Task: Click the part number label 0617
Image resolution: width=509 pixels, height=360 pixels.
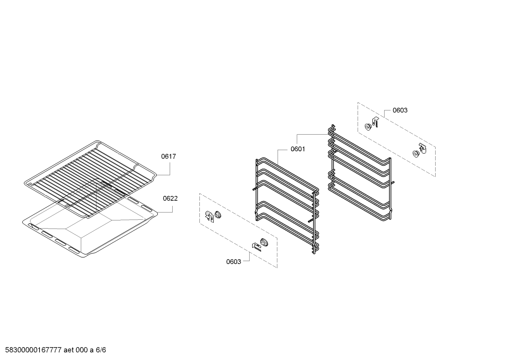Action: [168, 157]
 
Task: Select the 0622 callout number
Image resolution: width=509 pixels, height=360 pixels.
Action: [170, 199]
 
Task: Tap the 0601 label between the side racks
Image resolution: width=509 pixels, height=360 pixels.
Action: [298, 149]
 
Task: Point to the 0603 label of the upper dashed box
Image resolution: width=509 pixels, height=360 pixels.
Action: [400, 110]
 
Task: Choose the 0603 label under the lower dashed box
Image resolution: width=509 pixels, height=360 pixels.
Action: [234, 262]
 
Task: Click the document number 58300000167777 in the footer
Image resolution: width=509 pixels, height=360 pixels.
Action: [33, 350]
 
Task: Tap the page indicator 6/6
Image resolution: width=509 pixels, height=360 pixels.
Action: [101, 350]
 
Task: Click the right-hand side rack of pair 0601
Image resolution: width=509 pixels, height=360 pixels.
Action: [360, 173]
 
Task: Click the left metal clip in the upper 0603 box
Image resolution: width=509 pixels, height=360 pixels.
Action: [375, 122]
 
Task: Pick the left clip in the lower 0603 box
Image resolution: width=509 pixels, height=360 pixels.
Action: [209, 217]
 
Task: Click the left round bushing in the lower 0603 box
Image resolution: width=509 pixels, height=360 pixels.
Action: [218, 214]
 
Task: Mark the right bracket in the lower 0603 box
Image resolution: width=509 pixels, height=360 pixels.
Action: [257, 247]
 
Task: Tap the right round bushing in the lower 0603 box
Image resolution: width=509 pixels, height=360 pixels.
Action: [264, 242]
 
